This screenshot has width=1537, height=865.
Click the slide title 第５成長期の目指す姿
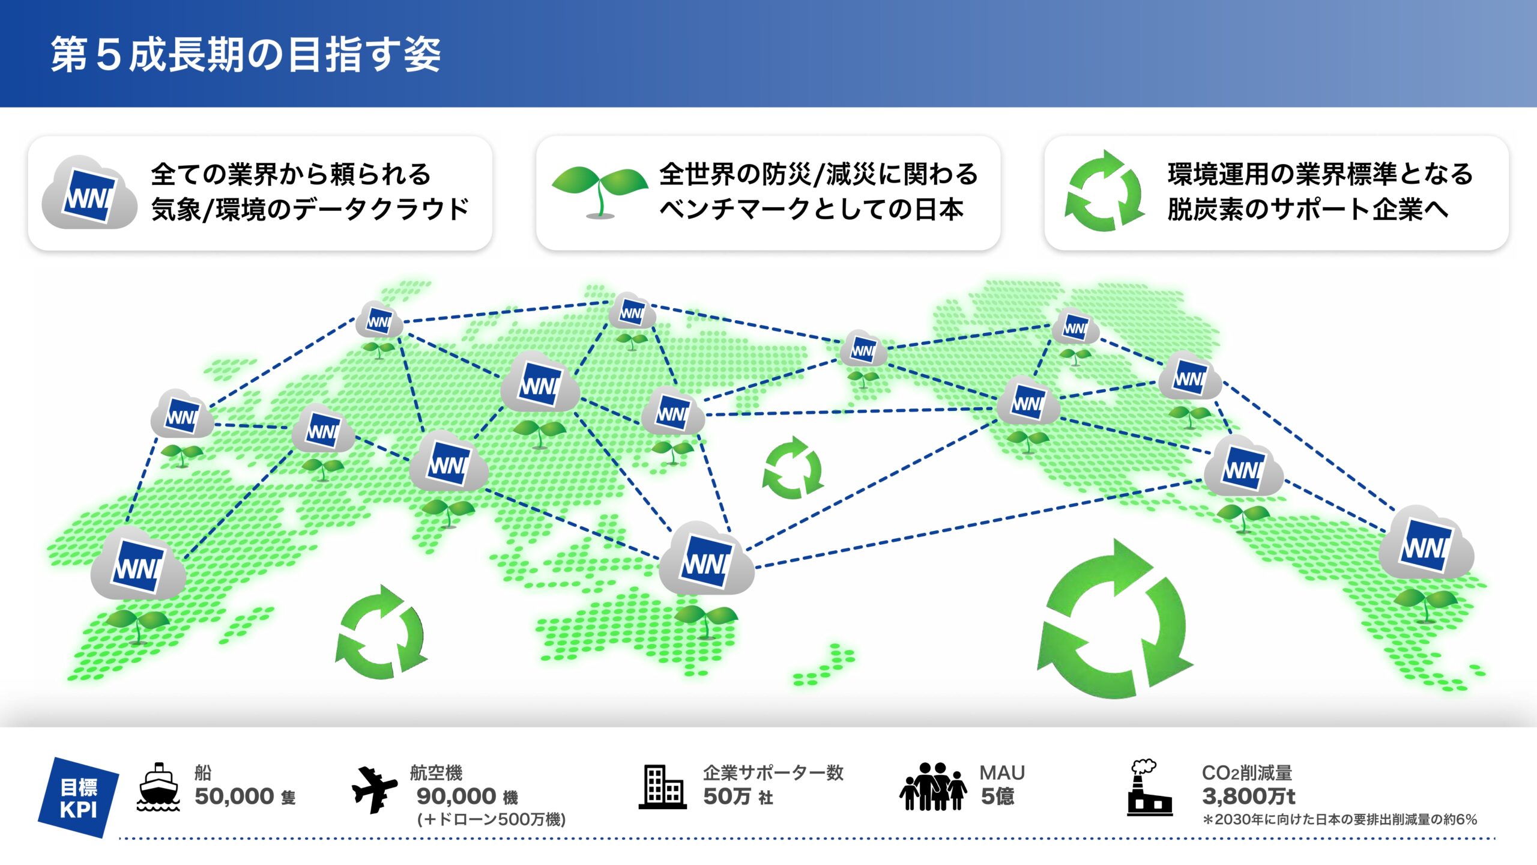(246, 54)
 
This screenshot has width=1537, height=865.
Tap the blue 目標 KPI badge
(79, 798)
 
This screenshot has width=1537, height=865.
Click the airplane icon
(374, 789)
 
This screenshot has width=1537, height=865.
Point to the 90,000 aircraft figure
(456, 797)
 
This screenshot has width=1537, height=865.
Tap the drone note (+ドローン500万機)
(491, 819)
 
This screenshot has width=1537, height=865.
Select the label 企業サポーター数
(773, 772)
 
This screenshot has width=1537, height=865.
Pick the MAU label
(1002, 772)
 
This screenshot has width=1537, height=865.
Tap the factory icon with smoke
(1148, 788)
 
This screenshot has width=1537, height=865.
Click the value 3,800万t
(1248, 797)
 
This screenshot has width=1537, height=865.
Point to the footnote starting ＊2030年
(1339, 819)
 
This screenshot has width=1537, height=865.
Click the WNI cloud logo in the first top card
(89, 193)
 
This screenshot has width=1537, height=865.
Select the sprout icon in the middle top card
(599, 191)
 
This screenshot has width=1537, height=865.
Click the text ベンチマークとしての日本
(811, 210)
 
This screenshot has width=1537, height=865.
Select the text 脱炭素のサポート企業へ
(1308, 210)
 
